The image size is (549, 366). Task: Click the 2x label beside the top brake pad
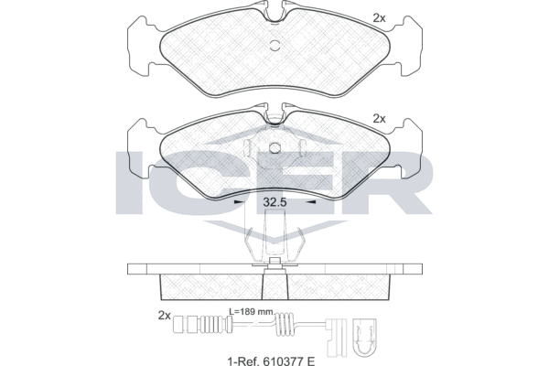[379, 17]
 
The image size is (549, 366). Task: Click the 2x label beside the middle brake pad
[379, 118]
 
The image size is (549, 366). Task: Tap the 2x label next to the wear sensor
[165, 316]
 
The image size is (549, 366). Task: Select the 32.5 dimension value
[276, 204]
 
